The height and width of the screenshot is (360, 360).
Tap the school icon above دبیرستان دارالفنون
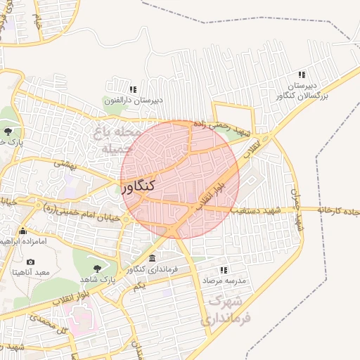[x=133, y=89]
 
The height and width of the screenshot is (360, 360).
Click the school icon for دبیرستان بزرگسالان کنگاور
[x=302, y=75]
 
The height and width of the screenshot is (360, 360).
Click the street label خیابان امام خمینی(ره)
[x=77, y=210]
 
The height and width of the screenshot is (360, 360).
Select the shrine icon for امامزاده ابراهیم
[x=23, y=231]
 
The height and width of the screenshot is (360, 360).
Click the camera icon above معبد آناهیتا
[x=30, y=262]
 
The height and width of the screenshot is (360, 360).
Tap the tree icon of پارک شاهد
[x=97, y=268]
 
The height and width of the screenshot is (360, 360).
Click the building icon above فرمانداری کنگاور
[x=153, y=259]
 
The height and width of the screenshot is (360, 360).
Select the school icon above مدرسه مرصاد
[x=224, y=269]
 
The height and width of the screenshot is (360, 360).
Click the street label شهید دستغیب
[x=257, y=210]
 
